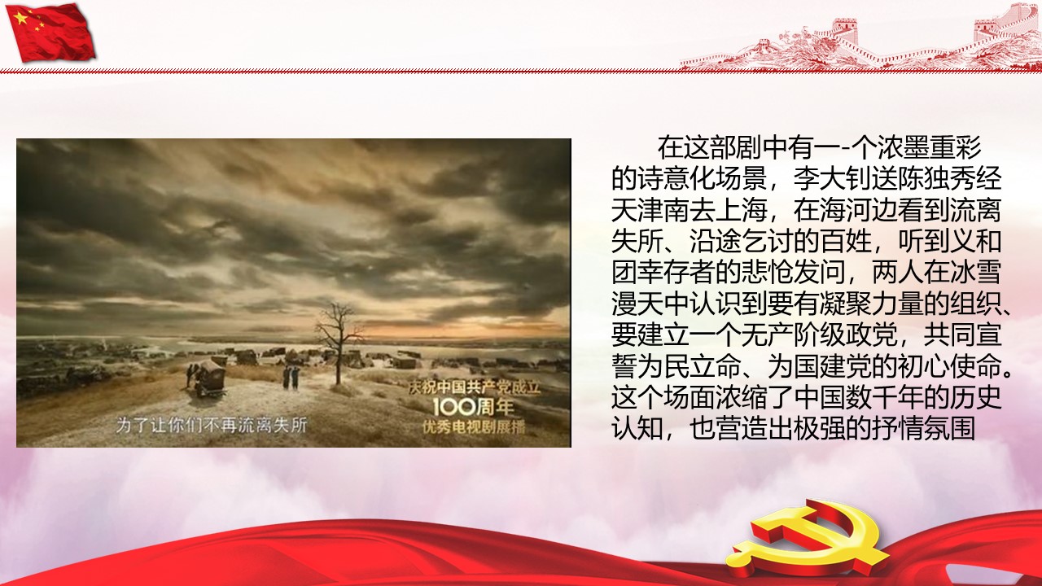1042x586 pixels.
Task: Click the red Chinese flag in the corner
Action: click(x=52, y=32)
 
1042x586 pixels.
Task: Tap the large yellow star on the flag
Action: click(x=20, y=18)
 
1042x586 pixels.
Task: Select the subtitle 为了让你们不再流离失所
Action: click(x=211, y=425)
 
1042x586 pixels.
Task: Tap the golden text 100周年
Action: click(x=473, y=408)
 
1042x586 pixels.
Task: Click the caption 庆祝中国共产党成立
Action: click(x=475, y=387)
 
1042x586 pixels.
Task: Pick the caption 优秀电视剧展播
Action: click(x=474, y=427)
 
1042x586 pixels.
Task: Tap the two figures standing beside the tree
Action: click(x=291, y=377)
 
